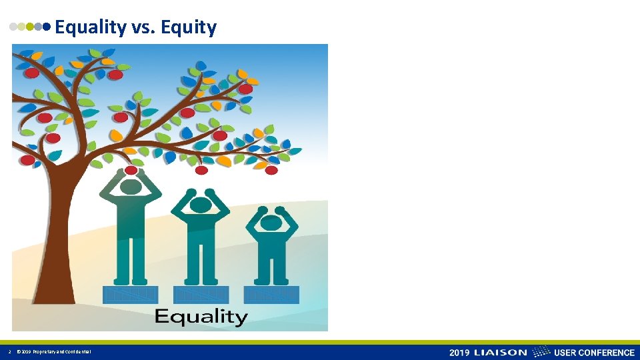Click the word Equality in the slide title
(90, 27)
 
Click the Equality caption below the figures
(201, 316)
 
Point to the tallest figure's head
(131, 187)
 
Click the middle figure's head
(201, 204)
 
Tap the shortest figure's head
(271, 223)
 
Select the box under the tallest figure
(131, 294)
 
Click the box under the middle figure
(201, 294)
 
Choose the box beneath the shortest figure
(271, 294)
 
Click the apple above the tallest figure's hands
(131, 171)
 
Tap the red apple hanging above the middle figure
(201, 171)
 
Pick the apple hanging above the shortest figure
(271, 171)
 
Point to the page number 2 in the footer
(9, 352)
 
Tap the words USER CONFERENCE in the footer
(594, 353)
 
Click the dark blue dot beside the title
(47, 27)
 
